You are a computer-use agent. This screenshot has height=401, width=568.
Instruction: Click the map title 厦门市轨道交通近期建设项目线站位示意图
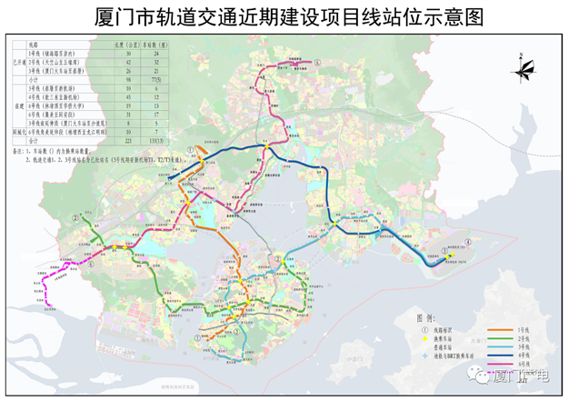[283, 16]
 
